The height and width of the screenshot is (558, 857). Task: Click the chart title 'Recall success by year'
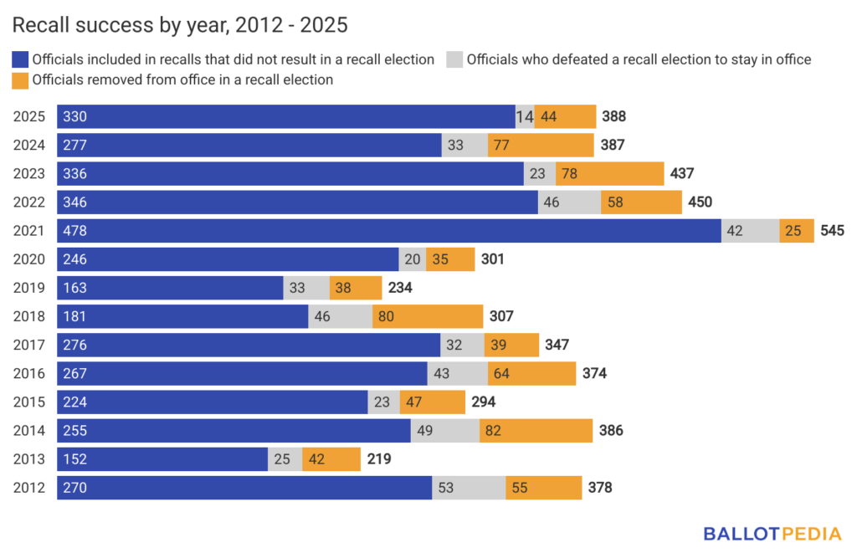180,26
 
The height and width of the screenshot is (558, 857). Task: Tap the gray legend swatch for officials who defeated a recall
454,59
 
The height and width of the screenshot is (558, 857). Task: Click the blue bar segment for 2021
389,231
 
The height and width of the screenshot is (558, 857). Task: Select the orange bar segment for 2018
428,316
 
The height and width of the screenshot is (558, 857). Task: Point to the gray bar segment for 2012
469,487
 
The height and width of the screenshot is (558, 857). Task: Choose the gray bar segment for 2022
569,202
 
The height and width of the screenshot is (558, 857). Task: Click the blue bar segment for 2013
162,458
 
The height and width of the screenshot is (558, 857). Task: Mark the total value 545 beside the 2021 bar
833,231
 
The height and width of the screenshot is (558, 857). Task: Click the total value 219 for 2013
378,458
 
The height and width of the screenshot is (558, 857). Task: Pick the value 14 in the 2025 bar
525,117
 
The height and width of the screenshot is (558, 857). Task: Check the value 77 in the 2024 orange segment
502,146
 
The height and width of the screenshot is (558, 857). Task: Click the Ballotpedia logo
772,534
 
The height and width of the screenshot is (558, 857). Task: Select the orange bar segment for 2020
450,259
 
